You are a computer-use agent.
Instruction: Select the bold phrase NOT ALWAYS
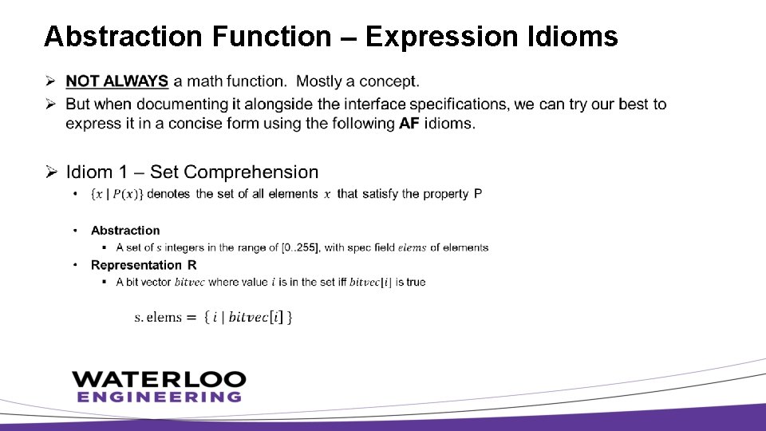coord(116,81)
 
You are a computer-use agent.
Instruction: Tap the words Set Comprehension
coord(234,172)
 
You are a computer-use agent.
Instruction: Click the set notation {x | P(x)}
coord(117,194)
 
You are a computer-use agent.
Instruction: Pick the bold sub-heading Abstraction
coord(125,231)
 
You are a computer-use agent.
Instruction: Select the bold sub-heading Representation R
coord(144,265)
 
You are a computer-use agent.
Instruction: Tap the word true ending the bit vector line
coord(416,282)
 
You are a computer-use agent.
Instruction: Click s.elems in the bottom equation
coord(158,317)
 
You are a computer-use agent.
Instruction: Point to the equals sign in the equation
coord(191,317)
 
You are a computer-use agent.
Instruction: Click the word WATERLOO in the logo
coord(159,379)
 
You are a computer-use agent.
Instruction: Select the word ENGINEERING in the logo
coord(159,397)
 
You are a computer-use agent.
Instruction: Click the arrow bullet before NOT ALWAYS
coord(49,81)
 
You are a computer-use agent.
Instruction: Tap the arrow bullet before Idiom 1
coord(49,172)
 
